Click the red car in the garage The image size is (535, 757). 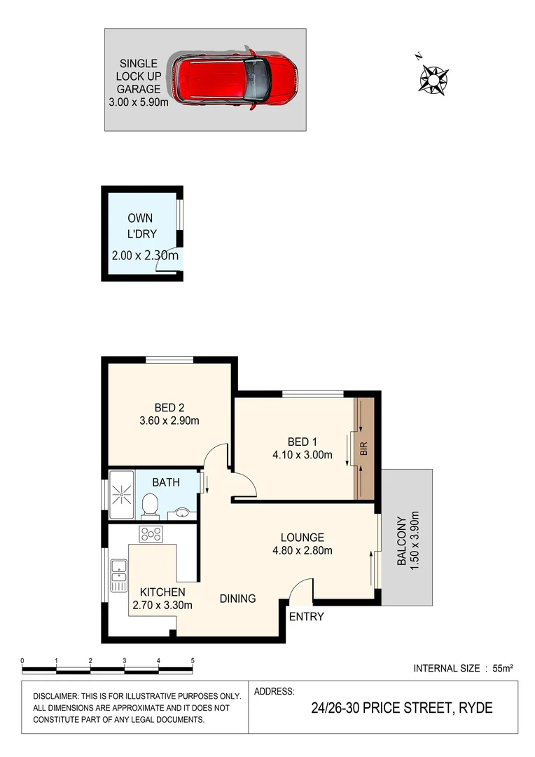click(x=235, y=79)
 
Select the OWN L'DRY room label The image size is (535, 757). click(x=140, y=226)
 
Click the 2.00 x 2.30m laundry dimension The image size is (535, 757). click(x=145, y=256)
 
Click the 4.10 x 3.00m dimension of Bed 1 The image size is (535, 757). click(x=303, y=455)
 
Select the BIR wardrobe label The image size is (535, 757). click(x=363, y=449)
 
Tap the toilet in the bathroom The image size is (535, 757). click(x=149, y=503)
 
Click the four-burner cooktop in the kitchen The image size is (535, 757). click(x=151, y=534)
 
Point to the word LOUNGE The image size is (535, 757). click(x=303, y=537)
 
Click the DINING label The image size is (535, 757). click(x=237, y=599)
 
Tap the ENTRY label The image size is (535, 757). click(x=306, y=617)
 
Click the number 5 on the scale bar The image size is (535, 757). click(x=192, y=660)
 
